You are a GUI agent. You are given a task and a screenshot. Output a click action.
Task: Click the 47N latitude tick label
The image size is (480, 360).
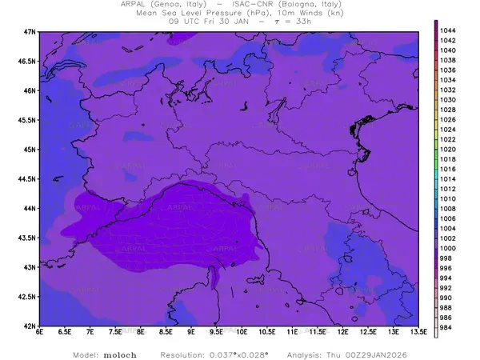(x=30, y=31)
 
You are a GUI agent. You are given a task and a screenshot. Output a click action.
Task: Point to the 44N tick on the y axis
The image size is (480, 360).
(x=30, y=208)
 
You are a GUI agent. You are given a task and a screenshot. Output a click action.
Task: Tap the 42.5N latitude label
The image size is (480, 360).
(x=28, y=297)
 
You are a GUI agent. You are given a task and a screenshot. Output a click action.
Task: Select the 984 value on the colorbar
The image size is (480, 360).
(x=446, y=327)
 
